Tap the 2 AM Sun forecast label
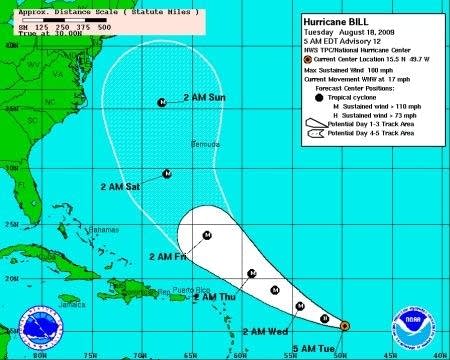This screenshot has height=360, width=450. [205, 98]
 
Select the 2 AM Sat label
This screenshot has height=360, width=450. [121, 186]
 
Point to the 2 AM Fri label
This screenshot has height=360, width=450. [167, 257]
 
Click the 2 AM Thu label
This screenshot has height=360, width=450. [215, 297]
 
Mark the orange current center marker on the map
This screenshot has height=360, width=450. [343, 326]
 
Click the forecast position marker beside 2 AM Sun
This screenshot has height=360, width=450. [162, 102]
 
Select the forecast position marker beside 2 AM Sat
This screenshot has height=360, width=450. [167, 174]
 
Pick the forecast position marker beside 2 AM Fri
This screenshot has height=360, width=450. [207, 235]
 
